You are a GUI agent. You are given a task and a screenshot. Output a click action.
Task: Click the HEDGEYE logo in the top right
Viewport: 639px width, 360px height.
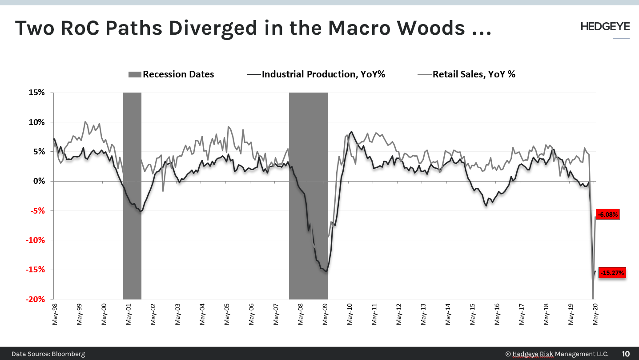(605, 27)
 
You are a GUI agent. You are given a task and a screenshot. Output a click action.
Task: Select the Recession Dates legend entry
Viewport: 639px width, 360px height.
(171, 74)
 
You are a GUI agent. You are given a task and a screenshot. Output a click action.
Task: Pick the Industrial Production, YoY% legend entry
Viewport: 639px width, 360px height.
(316, 74)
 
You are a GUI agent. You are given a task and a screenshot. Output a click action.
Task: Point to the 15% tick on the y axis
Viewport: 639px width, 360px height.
(37, 93)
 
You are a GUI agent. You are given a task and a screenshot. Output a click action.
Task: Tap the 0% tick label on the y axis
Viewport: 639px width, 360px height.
(40, 181)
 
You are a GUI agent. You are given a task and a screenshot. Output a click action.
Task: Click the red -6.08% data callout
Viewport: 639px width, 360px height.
(607, 214)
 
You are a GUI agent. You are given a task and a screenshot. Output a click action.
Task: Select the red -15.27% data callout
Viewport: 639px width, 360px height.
(612, 272)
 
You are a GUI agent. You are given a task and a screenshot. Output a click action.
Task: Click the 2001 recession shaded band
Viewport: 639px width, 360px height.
(132, 196)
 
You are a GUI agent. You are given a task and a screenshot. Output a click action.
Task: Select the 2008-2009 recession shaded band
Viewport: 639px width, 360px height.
(308, 196)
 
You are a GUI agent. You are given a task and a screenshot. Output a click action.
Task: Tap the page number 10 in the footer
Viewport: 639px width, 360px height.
(626, 354)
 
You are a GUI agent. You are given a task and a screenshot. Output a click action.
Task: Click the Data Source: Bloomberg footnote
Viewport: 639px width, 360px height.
(48, 354)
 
